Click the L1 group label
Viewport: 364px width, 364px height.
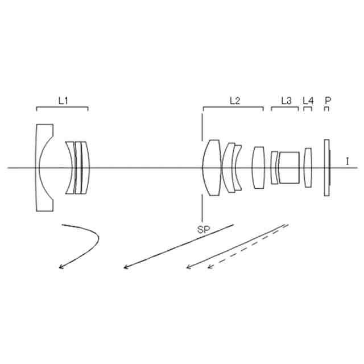click(63, 101)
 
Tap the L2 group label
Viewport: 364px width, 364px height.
click(234, 101)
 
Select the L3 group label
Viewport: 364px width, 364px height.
click(286, 101)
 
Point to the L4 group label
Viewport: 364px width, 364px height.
click(308, 101)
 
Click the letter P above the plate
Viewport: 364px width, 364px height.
click(327, 100)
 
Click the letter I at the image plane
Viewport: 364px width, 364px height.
click(347, 162)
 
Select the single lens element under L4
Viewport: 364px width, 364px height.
click(308, 167)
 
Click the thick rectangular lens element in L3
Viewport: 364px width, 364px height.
click(289, 168)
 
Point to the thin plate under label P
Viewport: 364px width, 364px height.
click(326, 168)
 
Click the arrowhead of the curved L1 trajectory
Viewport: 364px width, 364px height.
click(61, 267)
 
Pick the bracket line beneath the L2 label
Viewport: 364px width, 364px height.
click(233, 107)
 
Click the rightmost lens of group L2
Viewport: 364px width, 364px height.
click(259, 168)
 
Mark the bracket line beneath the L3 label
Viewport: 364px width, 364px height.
click(285, 107)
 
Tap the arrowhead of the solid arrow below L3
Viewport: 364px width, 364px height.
click(189, 267)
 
